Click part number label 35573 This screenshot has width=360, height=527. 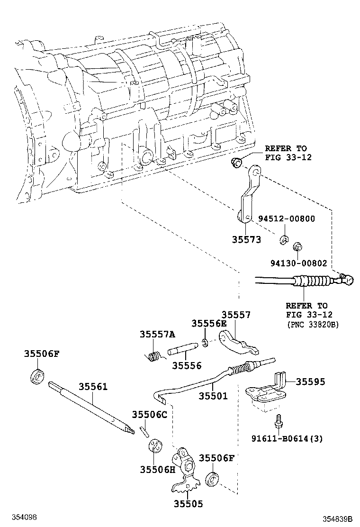pyautogui.click(x=246, y=240)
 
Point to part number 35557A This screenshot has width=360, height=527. pyautogui.click(x=157, y=334)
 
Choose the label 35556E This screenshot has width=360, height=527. pyautogui.click(x=209, y=323)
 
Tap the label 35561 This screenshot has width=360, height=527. pyautogui.click(x=93, y=387)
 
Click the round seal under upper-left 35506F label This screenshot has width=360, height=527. pyautogui.click(x=37, y=376)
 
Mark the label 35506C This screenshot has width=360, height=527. pyautogui.click(x=150, y=414)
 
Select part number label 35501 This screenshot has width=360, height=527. pyautogui.click(x=213, y=395)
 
